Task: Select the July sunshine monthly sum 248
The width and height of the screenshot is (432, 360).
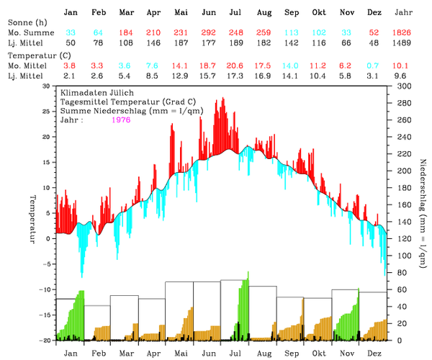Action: [x=235, y=33]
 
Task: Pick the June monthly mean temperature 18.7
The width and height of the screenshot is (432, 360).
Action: [x=208, y=65]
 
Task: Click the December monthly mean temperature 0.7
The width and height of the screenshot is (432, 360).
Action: [x=374, y=65]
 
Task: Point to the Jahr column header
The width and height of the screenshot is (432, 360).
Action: [x=405, y=13]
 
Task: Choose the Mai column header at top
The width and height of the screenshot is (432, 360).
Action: [x=181, y=13]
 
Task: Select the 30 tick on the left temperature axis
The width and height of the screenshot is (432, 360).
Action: [x=47, y=86]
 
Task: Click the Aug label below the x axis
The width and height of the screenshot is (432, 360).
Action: [x=264, y=354]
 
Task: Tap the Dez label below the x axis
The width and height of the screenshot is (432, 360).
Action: [x=374, y=354]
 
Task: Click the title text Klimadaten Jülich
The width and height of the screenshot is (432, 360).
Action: [x=95, y=94]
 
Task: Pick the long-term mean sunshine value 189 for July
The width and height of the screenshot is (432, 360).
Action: [x=235, y=44]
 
